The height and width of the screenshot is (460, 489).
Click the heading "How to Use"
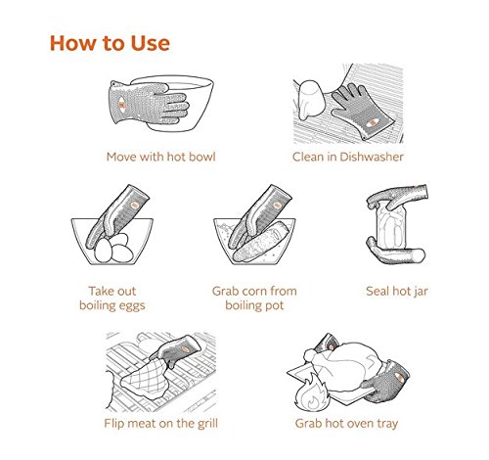pos(110,43)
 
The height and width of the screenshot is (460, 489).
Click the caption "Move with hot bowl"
pos(161,157)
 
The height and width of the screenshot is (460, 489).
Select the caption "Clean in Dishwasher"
pos(348,157)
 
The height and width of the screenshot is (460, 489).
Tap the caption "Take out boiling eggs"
pos(112,299)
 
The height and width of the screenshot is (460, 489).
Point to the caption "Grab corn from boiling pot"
pos(254,299)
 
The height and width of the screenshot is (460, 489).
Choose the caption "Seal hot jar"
pos(397,291)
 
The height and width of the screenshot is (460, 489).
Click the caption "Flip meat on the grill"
pos(160,423)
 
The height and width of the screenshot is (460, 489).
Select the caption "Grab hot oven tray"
pos(346,423)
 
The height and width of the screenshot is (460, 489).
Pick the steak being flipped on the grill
pos(145,379)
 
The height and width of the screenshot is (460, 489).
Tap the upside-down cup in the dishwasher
pos(311,100)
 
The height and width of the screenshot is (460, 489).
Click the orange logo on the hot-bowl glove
pos(121,105)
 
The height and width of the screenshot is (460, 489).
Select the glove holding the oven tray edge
pos(386,382)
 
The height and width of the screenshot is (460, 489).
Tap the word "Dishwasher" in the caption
pos(372,157)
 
